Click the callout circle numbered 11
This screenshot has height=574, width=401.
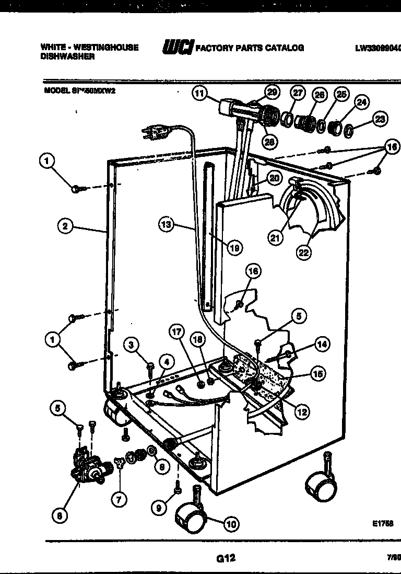pos(199,94)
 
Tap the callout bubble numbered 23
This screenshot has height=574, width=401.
pos(380,120)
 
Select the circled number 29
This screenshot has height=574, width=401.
pos(272,92)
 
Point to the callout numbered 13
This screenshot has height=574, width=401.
pos(166,225)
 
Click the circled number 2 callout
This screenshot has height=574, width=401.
pos(65,226)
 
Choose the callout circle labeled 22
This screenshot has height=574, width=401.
pos(303,252)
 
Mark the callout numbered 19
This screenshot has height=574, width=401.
pos(234,248)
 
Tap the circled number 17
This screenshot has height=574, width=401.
pos(177,331)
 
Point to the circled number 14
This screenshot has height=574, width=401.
pos(322,345)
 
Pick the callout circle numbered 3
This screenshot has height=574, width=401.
pos(132,344)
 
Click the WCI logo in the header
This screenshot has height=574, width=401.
pos(178,47)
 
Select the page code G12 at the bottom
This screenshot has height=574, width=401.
pos(226,558)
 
